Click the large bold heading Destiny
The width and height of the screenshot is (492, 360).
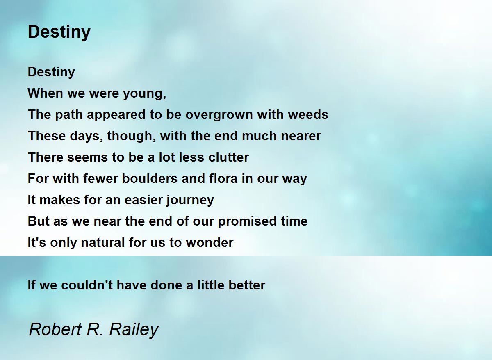pyautogui.click(x=59, y=32)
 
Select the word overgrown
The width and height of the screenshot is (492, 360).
pyautogui.click(x=219, y=115)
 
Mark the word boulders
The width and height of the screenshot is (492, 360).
pyautogui.click(x=149, y=178)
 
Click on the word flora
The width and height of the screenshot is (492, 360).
pyautogui.click(x=223, y=178)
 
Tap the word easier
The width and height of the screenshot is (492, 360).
pyautogui.click(x=143, y=200)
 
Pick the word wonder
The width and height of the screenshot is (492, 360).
pyautogui.click(x=210, y=243)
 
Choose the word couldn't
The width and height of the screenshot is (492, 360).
pyautogui.click(x=87, y=285)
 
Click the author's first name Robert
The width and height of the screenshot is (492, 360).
pyautogui.click(x=55, y=330)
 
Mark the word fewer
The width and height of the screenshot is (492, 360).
pyautogui.click(x=101, y=178)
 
